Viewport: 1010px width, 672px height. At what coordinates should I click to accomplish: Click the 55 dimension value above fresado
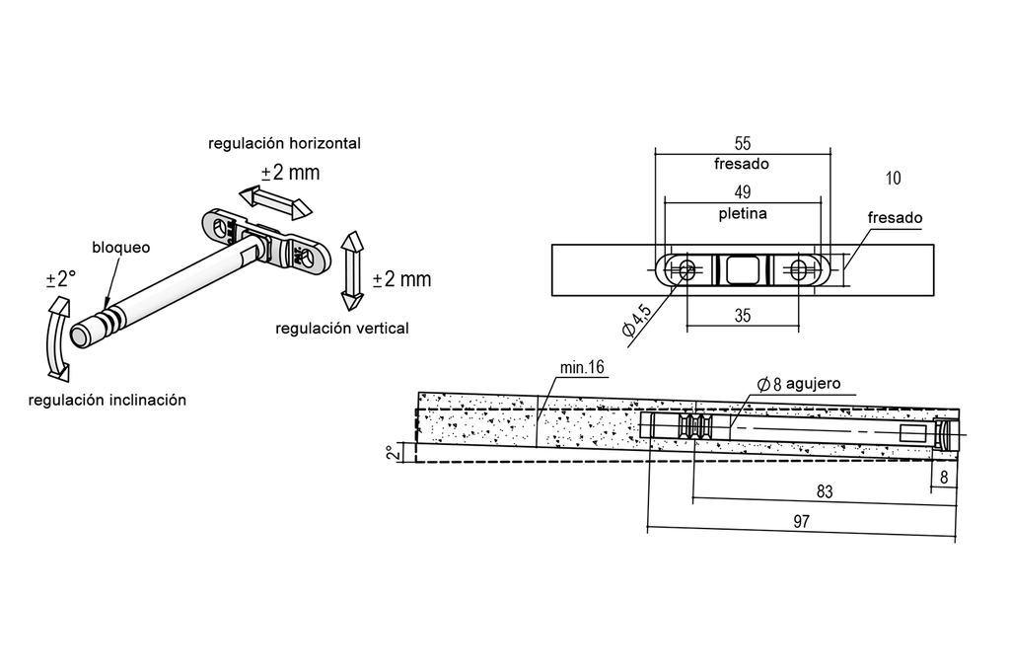coord(743,142)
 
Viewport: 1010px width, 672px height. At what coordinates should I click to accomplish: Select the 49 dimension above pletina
coord(743,191)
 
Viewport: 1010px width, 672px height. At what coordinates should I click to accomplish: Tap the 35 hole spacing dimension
coord(743,317)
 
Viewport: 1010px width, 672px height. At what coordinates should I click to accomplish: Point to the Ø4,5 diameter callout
coord(637,323)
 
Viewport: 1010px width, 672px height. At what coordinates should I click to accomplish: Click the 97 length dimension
coord(800,521)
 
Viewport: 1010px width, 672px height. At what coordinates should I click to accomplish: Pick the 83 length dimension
coord(825,489)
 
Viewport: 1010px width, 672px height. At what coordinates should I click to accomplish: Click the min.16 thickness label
coord(582,368)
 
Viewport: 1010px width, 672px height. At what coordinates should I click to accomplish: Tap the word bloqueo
coord(120,248)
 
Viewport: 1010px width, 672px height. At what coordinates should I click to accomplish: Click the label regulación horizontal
coord(284,143)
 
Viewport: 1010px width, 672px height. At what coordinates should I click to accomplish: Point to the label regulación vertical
coord(342,328)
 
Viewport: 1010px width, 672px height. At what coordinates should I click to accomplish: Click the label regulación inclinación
coord(108,400)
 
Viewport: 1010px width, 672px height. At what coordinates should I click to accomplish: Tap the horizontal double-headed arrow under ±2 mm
coord(275,200)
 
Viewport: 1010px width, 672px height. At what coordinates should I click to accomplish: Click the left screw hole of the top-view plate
coord(685,267)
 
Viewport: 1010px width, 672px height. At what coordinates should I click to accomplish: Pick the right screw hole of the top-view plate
coord(799,267)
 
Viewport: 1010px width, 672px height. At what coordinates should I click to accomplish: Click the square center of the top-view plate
coord(743,267)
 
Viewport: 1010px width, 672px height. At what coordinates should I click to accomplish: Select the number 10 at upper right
coord(894,179)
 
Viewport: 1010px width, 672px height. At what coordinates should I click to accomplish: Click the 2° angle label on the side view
coord(393,452)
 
